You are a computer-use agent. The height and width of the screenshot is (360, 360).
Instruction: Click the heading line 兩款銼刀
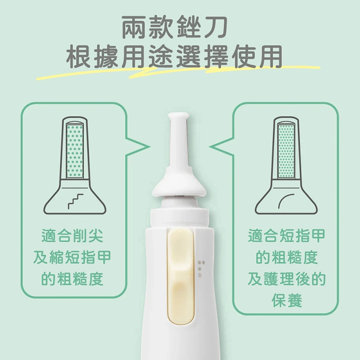180,28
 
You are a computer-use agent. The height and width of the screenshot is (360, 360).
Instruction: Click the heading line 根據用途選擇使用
180,57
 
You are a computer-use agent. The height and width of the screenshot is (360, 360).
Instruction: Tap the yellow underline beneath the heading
180,72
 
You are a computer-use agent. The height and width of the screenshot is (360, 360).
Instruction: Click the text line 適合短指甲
287,236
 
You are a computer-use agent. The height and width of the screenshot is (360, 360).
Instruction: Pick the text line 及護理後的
287,279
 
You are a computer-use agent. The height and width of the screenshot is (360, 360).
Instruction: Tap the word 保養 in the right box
287,301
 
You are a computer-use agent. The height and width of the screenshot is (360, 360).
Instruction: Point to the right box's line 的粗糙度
287,257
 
